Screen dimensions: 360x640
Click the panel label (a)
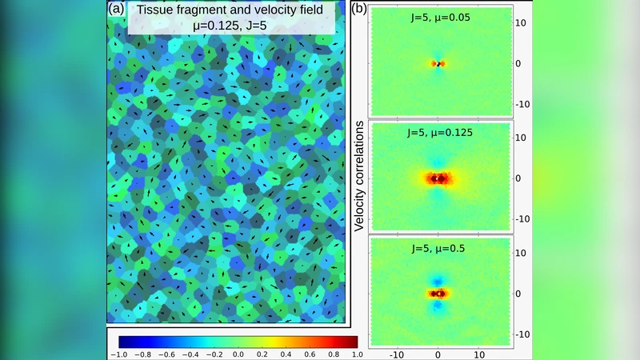[117, 10]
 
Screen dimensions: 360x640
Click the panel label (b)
[360, 10]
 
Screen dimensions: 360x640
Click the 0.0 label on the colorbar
[238, 352]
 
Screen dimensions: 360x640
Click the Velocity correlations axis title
[360, 176]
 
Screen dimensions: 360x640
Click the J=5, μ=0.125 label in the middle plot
[437, 132]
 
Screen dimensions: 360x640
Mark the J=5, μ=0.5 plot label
[438, 247]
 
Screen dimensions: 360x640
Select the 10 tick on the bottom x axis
[478, 352]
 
